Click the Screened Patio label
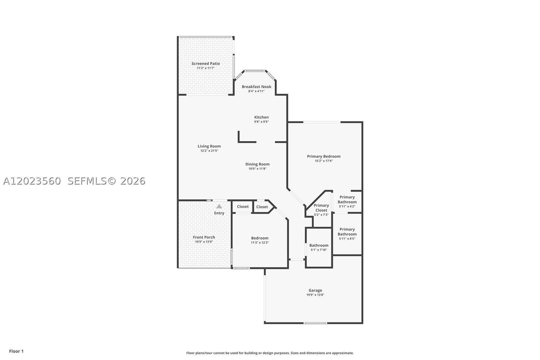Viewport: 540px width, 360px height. click(206, 64)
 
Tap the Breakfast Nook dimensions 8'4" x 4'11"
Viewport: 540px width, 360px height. click(256, 91)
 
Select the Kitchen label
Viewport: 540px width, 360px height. click(261, 117)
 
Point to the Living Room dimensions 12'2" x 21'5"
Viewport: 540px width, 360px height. click(209, 151)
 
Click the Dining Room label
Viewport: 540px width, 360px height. click(257, 164)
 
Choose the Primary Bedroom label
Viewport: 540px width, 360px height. click(324, 157)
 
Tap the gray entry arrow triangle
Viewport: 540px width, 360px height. click(219, 206)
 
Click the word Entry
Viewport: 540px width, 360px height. click(219, 213)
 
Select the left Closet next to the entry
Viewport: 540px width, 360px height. click(243, 207)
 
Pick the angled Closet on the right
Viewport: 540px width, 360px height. click(262, 207)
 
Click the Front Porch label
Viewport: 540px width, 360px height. click(204, 237)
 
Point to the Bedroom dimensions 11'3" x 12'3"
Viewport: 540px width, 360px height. click(260, 243)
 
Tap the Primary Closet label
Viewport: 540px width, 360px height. click(321, 208)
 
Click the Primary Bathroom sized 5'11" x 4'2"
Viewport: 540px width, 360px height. click(347, 201)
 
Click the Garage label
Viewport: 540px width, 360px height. click(315, 291)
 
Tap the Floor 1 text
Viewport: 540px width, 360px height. click(17, 351)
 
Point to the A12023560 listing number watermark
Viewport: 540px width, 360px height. click(32, 181)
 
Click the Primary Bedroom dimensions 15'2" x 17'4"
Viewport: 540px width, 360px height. click(324, 161)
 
